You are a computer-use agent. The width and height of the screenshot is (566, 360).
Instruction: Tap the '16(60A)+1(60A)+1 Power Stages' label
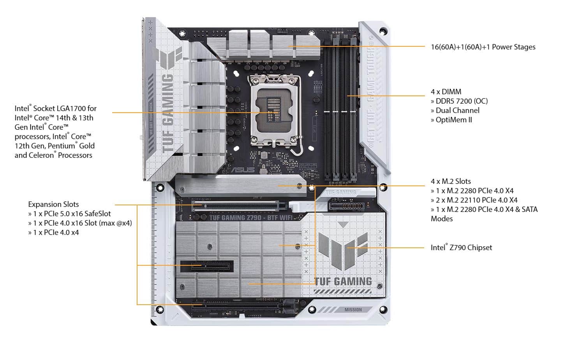pos(483,47)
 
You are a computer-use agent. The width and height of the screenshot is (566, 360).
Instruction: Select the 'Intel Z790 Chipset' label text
pos(461,247)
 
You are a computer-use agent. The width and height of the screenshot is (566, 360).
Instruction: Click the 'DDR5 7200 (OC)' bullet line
pos(459,101)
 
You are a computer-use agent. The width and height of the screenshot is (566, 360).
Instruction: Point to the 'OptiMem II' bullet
pos(451,120)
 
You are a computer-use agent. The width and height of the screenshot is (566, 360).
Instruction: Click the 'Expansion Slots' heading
pos(53,204)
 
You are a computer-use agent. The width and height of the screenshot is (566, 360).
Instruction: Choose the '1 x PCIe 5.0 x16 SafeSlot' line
pos(69,214)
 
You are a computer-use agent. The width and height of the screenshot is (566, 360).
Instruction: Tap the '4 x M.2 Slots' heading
pos(451,181)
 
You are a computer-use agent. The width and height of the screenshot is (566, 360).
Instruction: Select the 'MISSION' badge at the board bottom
pos(353,310)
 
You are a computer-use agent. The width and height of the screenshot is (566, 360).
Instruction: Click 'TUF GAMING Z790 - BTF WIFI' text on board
pos(251,217)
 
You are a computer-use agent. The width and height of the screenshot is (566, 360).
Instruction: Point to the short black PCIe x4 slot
pos(206,266)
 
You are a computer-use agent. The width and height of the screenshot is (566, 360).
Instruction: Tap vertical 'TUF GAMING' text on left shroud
pos(168,113)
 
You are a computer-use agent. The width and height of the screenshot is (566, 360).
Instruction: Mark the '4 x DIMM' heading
pos(446,92)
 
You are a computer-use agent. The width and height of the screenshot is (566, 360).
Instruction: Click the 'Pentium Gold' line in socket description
pos(55,146)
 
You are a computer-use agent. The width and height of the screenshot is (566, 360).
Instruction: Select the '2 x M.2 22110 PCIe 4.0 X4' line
pos(474,200)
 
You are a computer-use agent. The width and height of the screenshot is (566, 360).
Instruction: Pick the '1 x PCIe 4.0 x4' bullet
pos(53,232)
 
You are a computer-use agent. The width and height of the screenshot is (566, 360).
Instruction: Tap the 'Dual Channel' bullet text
pos(455,110)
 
